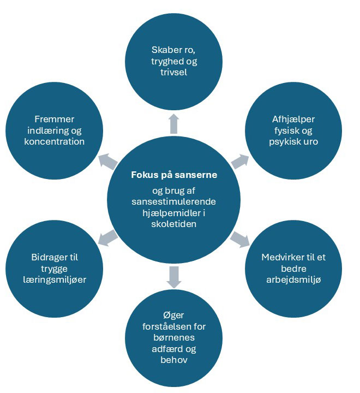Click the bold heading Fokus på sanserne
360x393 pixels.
tap(174, 175)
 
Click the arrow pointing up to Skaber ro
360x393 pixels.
tap(174, 124)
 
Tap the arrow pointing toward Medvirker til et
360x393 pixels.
tap(239, 239)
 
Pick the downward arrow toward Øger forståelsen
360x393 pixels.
tap(174, 277)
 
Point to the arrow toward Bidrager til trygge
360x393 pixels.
tap(109, 237)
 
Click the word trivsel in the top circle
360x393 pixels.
tap(174, 71)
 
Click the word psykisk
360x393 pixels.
tap(283, 141)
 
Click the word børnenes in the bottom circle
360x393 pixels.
tap(174, 338)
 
